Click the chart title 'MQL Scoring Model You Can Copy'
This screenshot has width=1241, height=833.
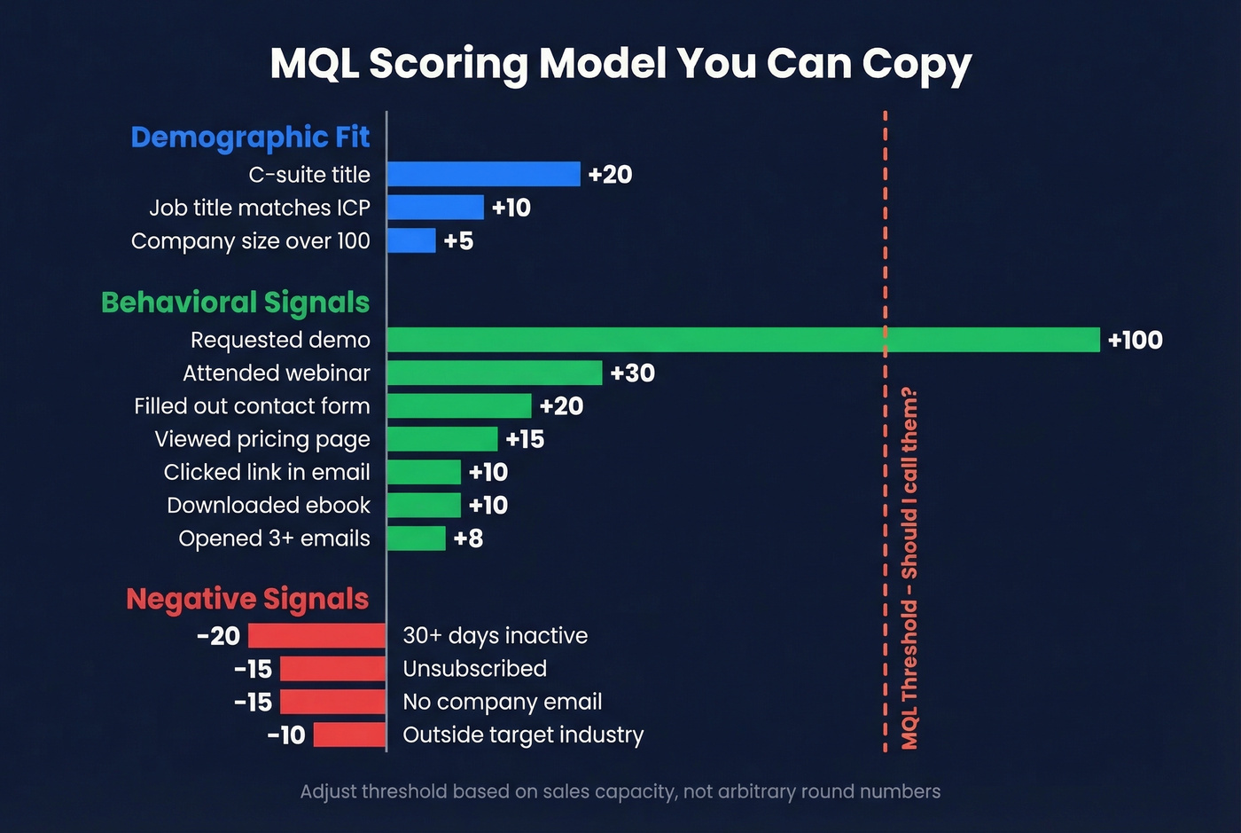[620, 64]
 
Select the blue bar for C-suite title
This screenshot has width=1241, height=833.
[483, 174]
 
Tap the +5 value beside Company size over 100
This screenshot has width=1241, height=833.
[458, 241]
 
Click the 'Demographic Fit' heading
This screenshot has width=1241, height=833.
[250, 138]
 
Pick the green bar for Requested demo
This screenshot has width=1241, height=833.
[743, 340]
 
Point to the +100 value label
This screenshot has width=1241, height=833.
[1135, 340]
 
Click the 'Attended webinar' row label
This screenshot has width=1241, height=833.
[276, 373]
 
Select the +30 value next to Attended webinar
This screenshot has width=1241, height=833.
[632, 373]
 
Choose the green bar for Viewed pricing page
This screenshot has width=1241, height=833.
[442, 439]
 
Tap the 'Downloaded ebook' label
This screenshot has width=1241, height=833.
[268, 506]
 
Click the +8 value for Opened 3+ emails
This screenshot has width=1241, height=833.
[468, 538]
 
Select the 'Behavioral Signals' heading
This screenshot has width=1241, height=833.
[235, 303]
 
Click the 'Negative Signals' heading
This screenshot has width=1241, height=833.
[247, 600]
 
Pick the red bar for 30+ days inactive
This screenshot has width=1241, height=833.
[316, 636]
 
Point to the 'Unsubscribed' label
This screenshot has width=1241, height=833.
[474, 669]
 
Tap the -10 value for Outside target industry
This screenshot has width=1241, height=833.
[286, 735]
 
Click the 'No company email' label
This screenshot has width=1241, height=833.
[502, 702]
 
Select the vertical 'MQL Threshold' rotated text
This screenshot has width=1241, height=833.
[909, 568]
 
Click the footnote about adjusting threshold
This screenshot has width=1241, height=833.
[620, 791]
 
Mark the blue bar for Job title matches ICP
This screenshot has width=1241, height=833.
[435, 208]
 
